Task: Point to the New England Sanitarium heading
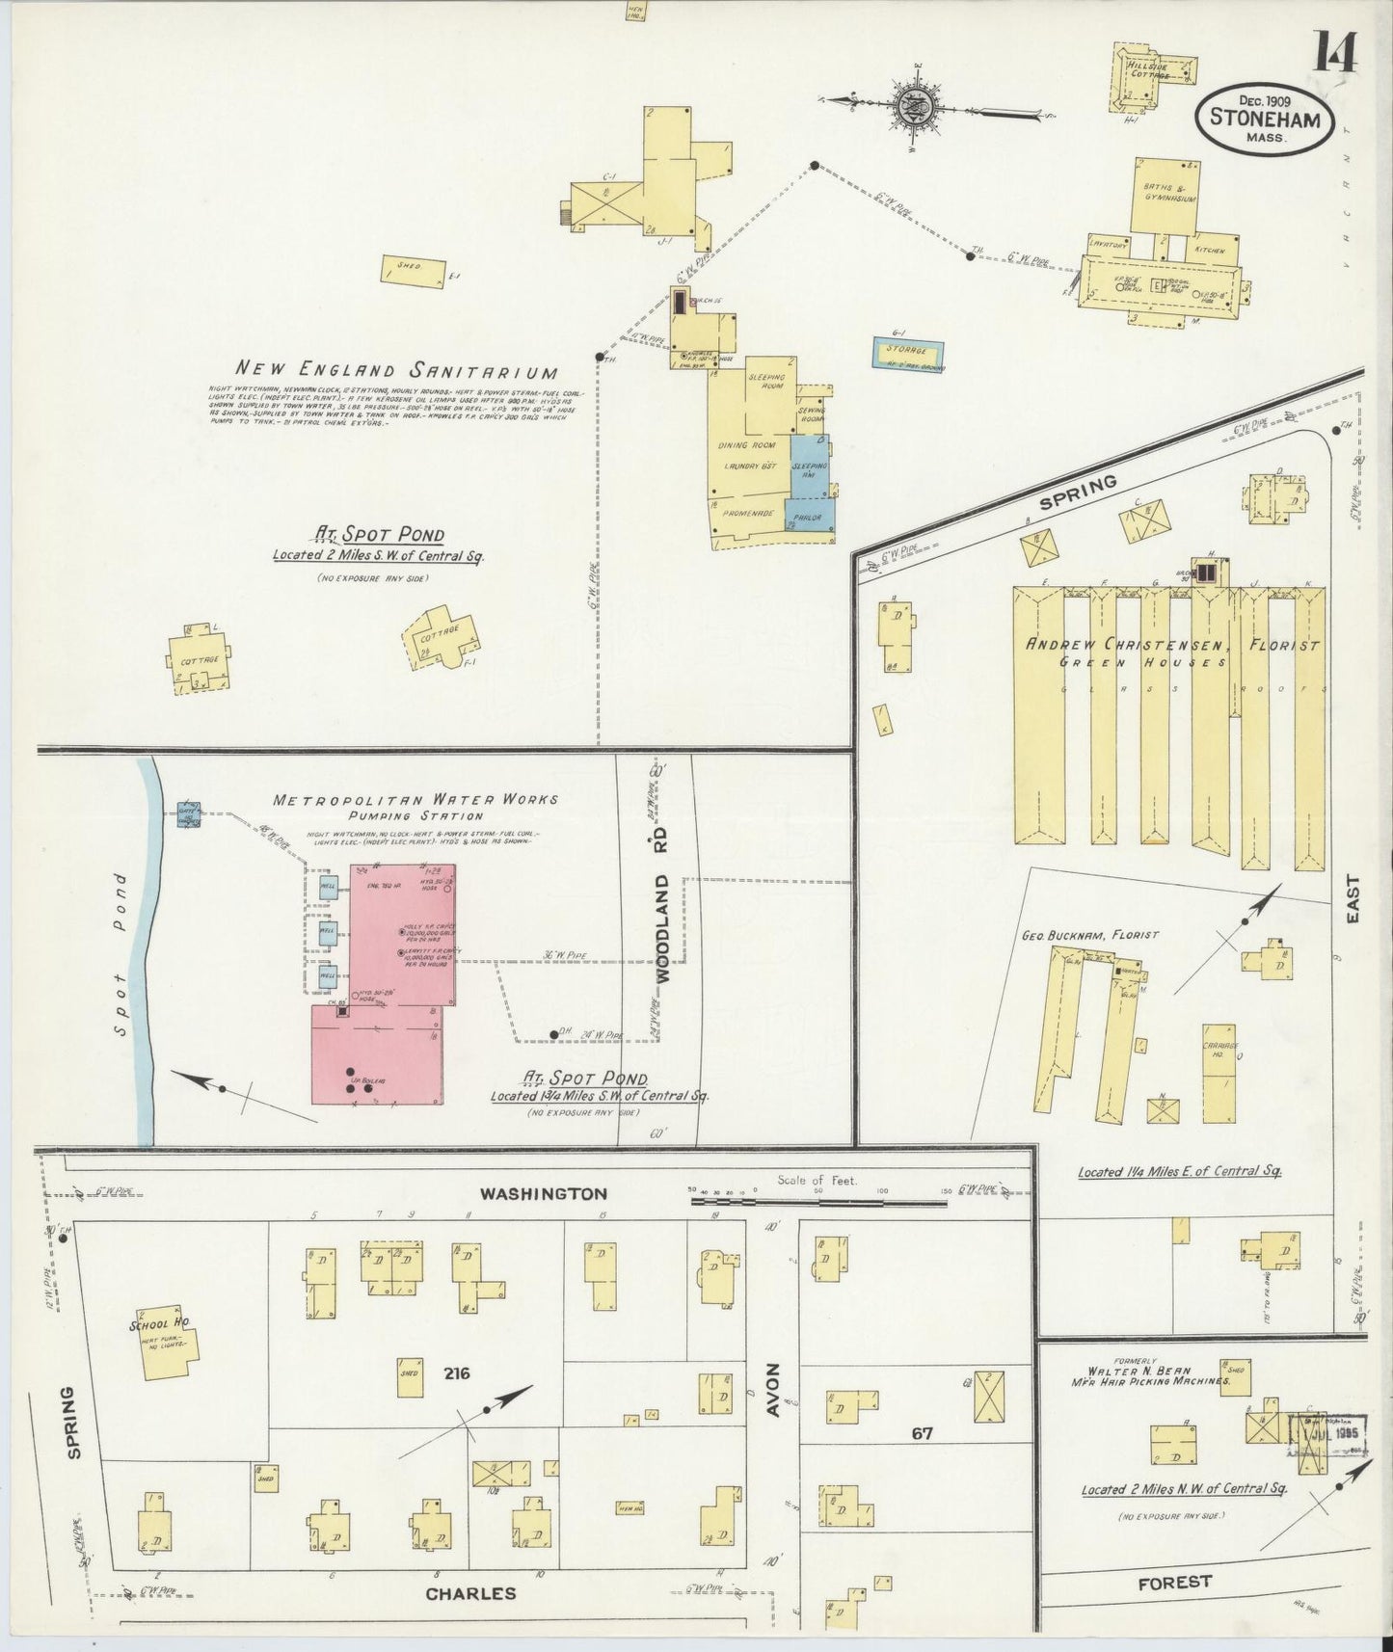[397, 369]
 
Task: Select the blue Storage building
[908, 352]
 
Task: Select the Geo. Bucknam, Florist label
[1089, 934]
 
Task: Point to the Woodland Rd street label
[662, 927]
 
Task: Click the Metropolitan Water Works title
[415, 799]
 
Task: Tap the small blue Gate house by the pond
[187, 813]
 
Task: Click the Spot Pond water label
[120, 954]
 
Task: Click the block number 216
[457, 1372]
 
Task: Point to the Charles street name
[470, 1592]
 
